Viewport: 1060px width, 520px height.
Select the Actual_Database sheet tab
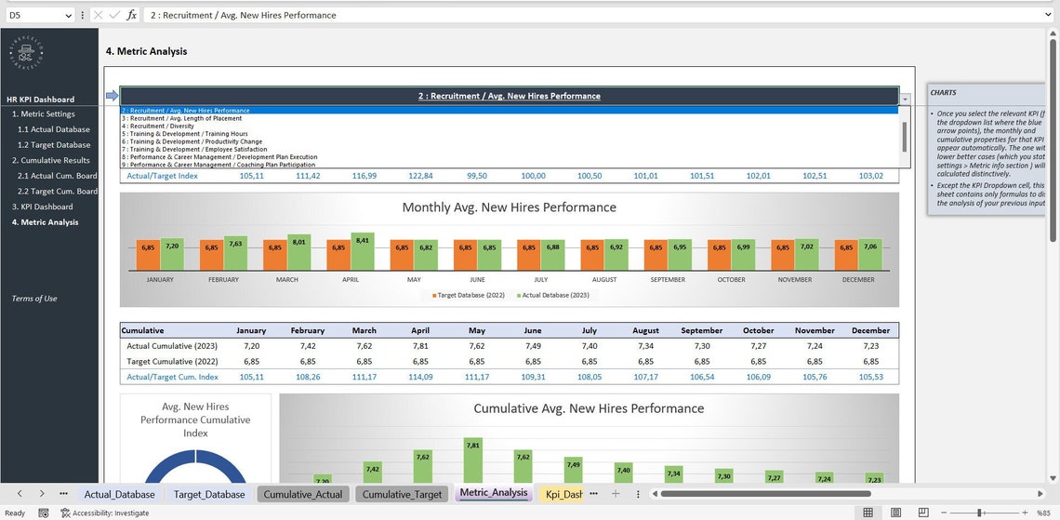(x=119, y=494)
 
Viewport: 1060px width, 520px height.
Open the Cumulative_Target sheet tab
(x=403, y=494)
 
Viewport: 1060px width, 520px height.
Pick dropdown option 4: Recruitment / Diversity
(x=158, y=127)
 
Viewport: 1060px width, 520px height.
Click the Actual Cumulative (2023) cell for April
(x=420, y=345)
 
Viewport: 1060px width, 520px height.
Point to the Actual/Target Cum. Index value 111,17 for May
(x=477, y=377)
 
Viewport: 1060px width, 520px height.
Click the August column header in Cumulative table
(x=645, y=330)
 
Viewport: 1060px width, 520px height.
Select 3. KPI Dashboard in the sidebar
(x=42, y=207)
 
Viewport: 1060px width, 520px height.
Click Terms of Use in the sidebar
(x=34, y=299)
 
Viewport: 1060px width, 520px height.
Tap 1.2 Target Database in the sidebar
(x=54, y=145)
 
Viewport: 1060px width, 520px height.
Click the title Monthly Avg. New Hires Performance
(x=509, y=207)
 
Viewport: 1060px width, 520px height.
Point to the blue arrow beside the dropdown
(x=112, y=96)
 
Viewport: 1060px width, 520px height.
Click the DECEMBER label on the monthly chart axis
(x=858, y=279)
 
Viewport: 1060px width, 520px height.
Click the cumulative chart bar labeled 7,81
(x=473, y=460)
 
